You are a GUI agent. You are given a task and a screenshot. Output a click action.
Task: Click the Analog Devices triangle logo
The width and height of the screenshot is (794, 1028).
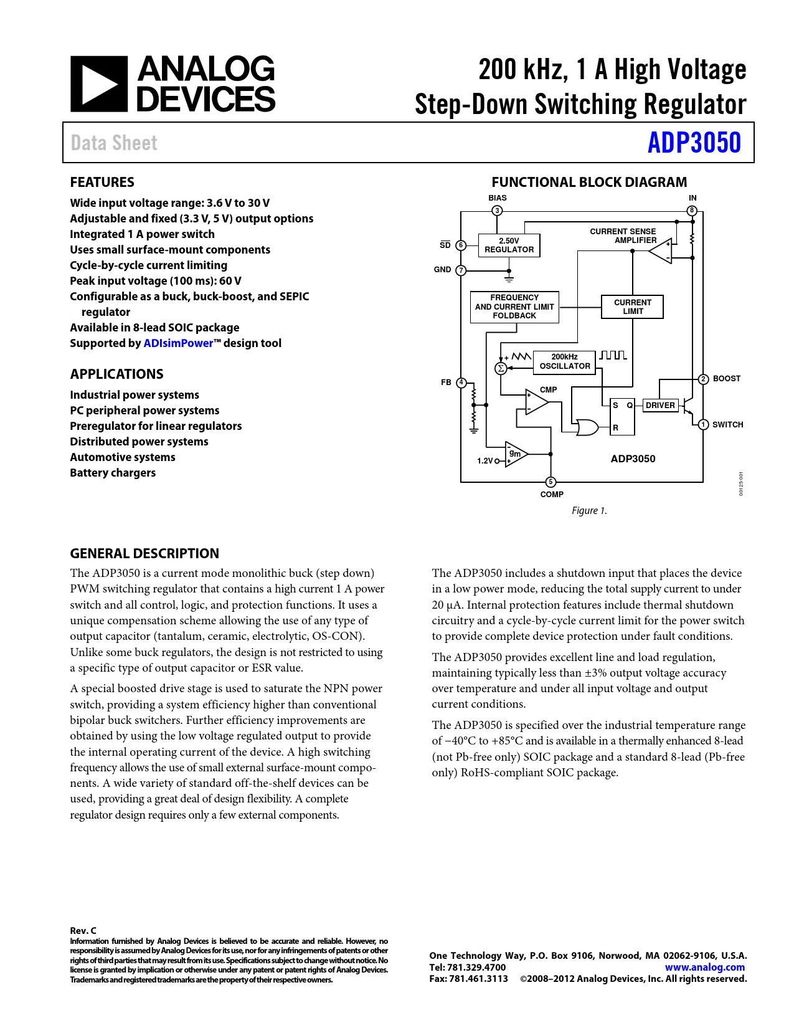coord(99,84)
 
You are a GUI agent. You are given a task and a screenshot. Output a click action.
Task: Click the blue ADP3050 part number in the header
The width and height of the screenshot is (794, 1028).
coord(694,143)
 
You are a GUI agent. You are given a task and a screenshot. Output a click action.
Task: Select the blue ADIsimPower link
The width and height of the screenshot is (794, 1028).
coord(178,343)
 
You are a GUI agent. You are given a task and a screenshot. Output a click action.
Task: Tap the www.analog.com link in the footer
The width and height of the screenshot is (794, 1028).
coord(704,968)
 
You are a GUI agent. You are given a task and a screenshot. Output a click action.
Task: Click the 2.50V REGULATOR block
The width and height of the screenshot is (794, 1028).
coord(509,245)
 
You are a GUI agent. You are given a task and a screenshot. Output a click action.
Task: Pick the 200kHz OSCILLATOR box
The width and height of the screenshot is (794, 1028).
coord(564,362)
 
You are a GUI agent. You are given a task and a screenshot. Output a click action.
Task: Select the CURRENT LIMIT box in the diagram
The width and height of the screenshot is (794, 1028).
coord(632,307)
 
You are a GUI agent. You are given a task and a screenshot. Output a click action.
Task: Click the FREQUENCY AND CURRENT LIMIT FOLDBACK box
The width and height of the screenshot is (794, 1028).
coord(514,307)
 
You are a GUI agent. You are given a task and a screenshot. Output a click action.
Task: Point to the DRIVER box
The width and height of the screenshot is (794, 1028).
coord(660,405)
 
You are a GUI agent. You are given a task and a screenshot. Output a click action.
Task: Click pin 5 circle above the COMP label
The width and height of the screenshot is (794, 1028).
coord(551,482)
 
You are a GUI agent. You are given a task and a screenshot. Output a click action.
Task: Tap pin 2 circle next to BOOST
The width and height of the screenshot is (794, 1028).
coord(703,379)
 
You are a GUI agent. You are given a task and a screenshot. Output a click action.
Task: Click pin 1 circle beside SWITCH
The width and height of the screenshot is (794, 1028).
coord(703,425)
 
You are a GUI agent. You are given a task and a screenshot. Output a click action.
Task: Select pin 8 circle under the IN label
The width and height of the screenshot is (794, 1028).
coord(692,211)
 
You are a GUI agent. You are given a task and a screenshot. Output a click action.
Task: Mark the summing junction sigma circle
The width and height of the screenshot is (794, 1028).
coord(500,368)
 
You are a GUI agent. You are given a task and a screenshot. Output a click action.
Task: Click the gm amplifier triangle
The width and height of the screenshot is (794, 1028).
coord(516,454)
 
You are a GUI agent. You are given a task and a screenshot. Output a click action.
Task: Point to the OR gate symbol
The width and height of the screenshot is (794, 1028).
coord(587,427)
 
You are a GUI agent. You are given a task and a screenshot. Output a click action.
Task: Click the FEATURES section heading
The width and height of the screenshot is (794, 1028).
coord(102,183)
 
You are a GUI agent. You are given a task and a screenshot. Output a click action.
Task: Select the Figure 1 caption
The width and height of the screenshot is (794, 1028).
coord(589,511)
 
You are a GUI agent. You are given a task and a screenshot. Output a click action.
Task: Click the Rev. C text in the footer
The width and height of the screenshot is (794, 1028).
coord(83,931)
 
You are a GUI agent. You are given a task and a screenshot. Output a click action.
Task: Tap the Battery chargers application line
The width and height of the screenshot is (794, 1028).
coord(113,473)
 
